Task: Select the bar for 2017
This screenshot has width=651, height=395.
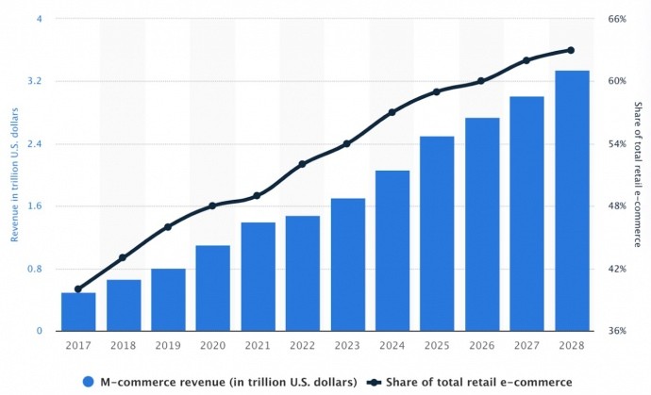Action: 78,312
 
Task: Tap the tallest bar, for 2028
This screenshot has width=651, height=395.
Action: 572,201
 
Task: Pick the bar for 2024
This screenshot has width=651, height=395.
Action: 392,251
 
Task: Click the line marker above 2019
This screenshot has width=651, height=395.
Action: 168,227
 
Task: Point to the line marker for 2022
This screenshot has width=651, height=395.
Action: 303,164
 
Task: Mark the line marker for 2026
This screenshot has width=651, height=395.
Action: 482,81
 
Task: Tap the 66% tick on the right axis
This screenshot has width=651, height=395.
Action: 616,19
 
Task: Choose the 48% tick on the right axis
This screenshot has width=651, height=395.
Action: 616,206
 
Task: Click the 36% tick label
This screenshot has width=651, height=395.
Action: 616,331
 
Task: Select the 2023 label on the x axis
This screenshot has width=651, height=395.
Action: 347,346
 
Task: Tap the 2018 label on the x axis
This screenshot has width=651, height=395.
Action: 124,346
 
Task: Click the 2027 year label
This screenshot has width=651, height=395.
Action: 527,346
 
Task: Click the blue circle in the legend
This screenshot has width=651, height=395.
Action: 89,382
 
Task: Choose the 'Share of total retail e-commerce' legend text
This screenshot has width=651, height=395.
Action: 477,382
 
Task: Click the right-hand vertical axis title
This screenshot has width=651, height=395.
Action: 637,174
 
